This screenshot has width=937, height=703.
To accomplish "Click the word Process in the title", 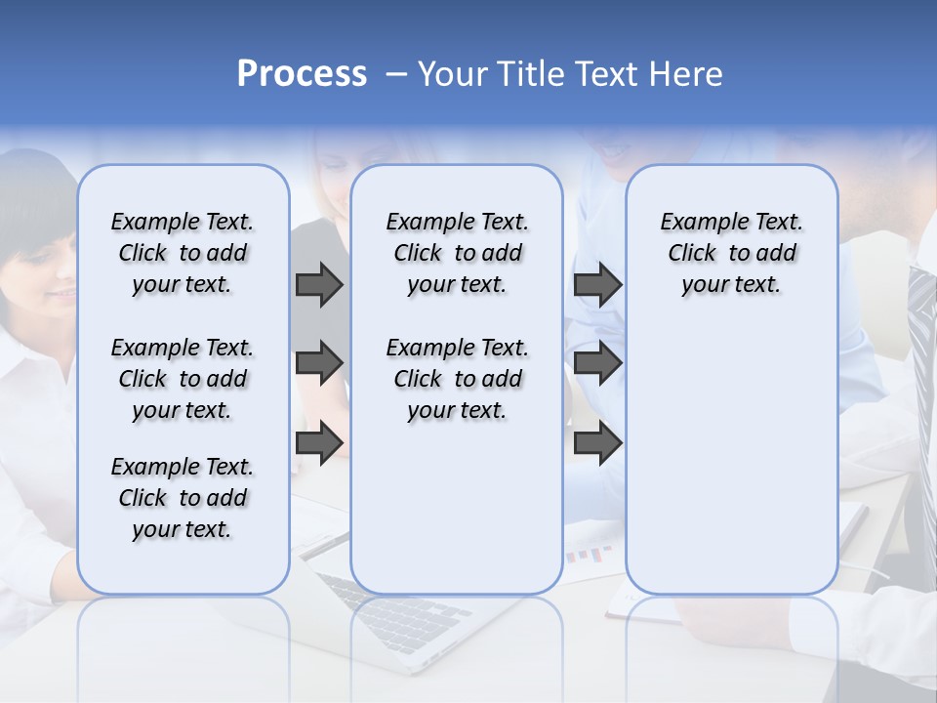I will [x=302, y=74].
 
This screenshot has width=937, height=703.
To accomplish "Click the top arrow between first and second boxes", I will [x=319, y=284].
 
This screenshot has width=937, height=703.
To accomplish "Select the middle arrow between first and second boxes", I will [x=319, y=363].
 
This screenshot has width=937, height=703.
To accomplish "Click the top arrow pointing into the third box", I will [x=597, y=284].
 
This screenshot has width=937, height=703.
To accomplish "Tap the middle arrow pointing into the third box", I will [x=597, y=363].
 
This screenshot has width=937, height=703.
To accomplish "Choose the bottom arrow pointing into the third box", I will [x=597, y=443].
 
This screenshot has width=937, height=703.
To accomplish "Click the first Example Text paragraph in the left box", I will [x=183, y=253].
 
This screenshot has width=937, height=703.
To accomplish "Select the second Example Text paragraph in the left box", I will [x=183, y=379].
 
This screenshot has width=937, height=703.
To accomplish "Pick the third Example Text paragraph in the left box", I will [x=183, y=498].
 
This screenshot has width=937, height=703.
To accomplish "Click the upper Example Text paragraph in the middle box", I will [x=457, y=253].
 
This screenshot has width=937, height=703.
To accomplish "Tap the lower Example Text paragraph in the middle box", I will [x=457, y=379].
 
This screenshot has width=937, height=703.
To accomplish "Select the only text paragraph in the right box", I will [x=731, y=253].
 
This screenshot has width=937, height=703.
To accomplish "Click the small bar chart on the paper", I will [x=589, y=555].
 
